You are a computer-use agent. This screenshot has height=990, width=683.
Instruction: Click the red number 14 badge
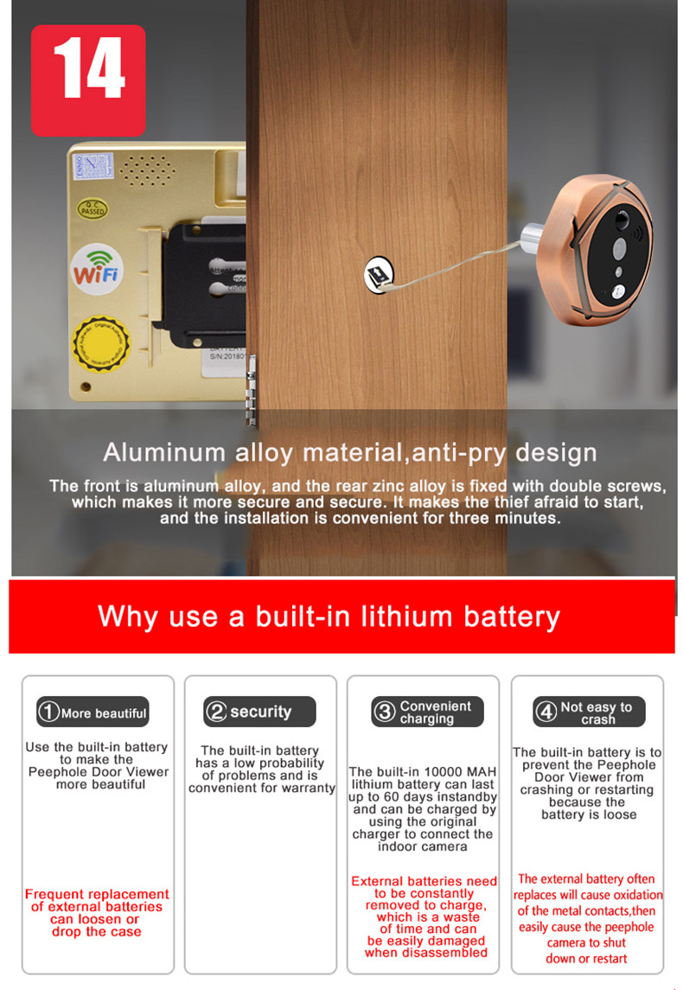click(x=88, y=80)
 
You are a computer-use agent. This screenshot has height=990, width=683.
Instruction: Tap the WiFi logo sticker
click(x=97, y=269)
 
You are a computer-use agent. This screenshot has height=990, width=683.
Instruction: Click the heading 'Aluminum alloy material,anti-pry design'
click(x=349, y=452)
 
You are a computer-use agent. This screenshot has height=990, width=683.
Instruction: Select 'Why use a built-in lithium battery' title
click(x=329, y=616)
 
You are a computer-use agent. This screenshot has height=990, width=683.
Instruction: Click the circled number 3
click(x=384, y=712)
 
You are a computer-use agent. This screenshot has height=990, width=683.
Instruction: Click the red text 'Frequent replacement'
click(x=97, y=894)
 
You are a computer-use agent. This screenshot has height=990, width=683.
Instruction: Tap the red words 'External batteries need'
click(x=424, y=881)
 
